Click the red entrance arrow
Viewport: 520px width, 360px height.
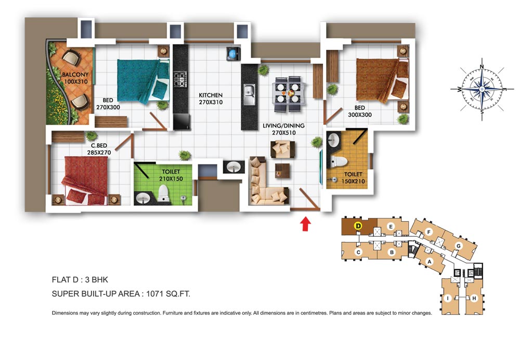click(x=305, y=224)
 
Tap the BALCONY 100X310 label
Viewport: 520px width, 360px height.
click(x=75, y=78)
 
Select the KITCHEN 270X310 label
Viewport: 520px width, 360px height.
click(x=211, y=98)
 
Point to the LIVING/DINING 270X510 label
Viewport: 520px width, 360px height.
click(x=283, y=129)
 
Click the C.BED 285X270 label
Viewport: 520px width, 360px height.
click(x=99, y=149)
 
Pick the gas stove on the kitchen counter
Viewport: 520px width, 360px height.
click(x=180, y=80)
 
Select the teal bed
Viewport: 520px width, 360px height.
click(x=143, y=81)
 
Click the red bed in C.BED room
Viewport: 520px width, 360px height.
click(x=85, y=181)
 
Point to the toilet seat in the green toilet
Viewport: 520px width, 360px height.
click(x=163, y=193)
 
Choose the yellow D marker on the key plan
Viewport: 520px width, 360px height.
click(x=358, y=226)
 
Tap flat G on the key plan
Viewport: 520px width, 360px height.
click(x=459, y=246)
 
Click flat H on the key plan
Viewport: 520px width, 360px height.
click(x=474, y=298)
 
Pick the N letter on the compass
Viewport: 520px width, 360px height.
click(x=482, y=67)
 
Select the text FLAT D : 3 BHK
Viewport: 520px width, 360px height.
click(x=80, y=280)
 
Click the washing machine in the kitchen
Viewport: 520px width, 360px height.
click(x=233, y=54)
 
